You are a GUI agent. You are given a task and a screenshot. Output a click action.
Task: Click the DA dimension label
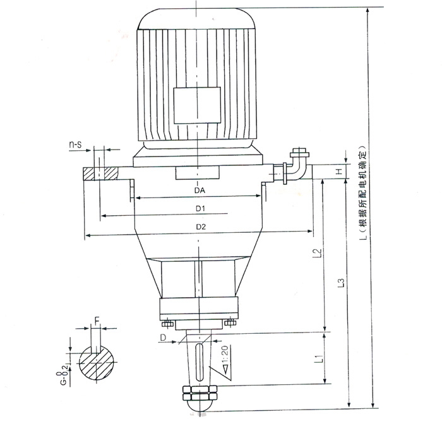200,191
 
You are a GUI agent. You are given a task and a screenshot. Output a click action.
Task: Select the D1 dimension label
200,209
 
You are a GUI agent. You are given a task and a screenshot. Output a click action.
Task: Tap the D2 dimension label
201,227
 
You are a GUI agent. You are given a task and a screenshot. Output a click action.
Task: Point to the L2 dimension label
318,252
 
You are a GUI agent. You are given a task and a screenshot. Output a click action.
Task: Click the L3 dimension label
342,283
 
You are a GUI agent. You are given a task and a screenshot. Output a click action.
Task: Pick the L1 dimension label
318,358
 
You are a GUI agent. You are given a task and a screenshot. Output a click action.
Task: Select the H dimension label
340,171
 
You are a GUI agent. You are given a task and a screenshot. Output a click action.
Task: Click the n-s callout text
76,145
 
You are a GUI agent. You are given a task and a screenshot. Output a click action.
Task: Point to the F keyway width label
97,321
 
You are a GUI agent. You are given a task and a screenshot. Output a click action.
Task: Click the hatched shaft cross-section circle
97,362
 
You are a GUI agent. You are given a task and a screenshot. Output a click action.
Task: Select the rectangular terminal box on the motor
197,105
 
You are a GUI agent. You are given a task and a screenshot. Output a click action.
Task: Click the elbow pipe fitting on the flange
297,165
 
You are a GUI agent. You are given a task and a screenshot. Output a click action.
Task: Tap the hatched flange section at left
100,174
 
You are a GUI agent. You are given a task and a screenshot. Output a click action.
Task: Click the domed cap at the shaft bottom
200,406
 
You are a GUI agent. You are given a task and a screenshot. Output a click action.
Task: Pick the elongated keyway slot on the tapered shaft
200,362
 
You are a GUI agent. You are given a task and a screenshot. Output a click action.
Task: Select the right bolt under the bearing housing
230,322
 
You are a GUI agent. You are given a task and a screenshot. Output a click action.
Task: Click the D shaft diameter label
163,337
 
